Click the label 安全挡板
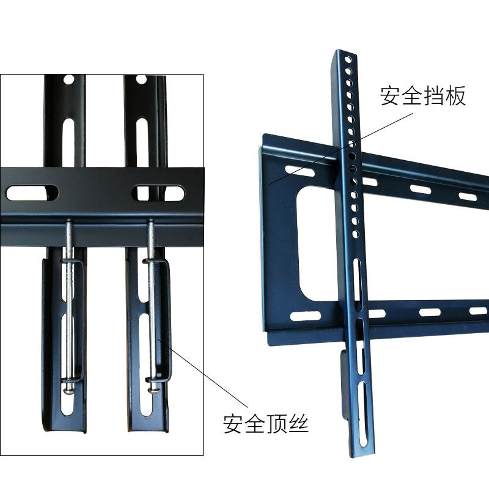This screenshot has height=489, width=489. tap(423, 96)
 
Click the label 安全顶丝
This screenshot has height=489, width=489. tap(266, 423)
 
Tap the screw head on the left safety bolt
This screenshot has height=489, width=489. tap(69, 391)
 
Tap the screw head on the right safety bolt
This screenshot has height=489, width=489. tap(153, 390)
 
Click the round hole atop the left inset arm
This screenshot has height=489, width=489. tap(68, 79)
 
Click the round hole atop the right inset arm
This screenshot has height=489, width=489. tap(141, 79)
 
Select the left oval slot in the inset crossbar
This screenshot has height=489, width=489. tap(32, 193)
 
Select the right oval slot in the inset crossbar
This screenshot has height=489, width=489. tap(158, 193)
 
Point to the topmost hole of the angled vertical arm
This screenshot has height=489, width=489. tap(348, 59)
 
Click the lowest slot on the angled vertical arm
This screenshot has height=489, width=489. tap(362, 414)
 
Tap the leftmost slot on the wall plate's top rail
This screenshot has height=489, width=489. tap(300, 171)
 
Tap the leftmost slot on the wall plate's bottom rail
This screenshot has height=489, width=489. tap(305, 316)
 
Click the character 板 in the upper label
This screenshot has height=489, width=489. tap(455, 96)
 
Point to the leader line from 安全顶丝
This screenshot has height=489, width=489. tap(203, 373)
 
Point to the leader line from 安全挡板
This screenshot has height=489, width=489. tap(341, 149)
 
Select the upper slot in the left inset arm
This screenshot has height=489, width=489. tap(68, 142)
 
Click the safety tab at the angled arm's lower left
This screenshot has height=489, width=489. tap(344, 385)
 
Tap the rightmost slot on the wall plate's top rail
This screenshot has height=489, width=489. tap(468, 197)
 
